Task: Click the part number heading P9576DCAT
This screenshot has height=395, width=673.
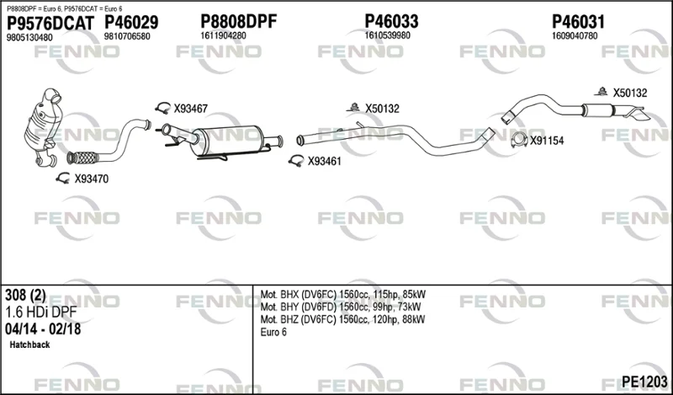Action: point(50,24)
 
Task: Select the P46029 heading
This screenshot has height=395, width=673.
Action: point(131,23)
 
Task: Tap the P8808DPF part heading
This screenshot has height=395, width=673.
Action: point(239,21)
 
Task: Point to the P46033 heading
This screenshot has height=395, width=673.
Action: point(391,21)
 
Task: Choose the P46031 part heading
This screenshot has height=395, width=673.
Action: point(578,22)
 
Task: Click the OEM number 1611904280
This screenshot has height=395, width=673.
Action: point(223,36)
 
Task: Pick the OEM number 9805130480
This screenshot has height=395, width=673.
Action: point(29,38)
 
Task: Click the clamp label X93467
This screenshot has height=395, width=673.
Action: point(191,109)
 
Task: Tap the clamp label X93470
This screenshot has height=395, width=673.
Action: point(92,179)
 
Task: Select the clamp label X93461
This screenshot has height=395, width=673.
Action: point(324,162)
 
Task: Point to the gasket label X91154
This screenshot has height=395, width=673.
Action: point(546,141)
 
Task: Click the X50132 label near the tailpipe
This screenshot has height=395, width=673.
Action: point(629,93)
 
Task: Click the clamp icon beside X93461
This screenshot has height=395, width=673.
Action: point(296,161)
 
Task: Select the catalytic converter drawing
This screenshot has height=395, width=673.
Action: point(44,127)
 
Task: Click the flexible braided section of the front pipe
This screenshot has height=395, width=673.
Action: point(82,157)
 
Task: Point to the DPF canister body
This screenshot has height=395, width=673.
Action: point(226,140)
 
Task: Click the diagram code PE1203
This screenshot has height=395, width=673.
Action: point(644,382)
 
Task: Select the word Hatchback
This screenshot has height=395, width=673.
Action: point(29,344)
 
